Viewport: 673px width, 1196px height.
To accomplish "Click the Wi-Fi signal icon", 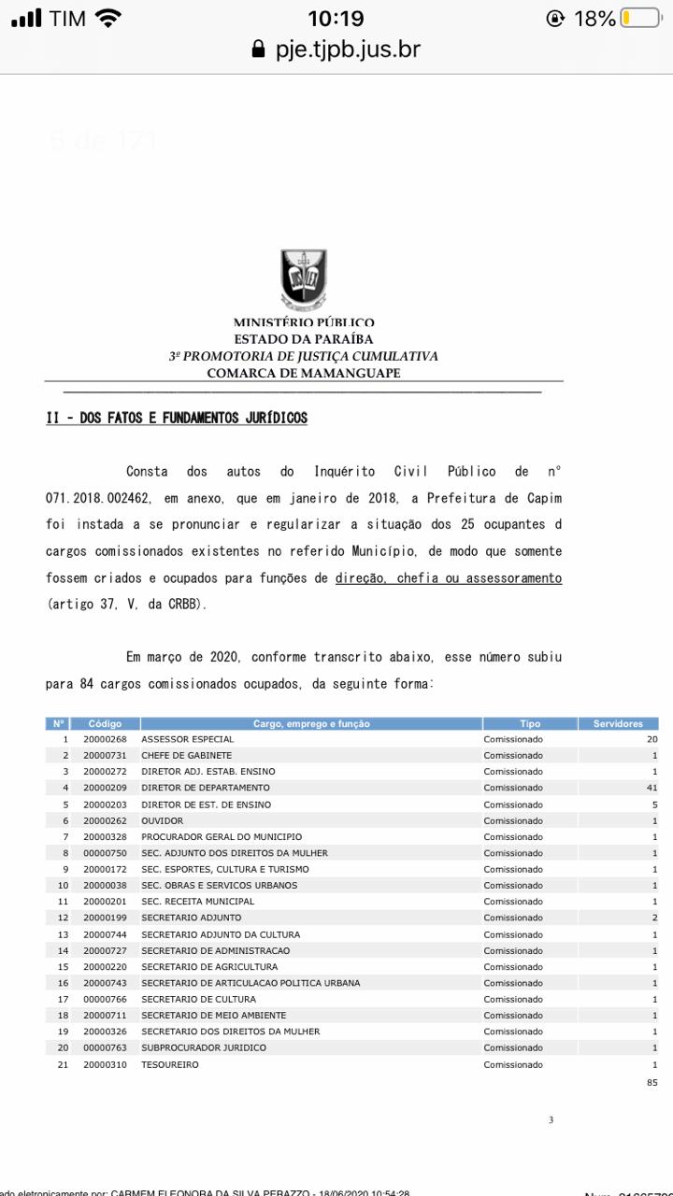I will coord(108,18).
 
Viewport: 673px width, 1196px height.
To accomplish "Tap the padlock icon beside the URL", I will coord(259,50).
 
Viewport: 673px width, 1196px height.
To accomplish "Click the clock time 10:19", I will coord(336,18).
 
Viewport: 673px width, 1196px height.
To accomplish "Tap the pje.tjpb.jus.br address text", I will coord(348,49).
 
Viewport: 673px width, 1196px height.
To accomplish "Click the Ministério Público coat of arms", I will coord(304,278).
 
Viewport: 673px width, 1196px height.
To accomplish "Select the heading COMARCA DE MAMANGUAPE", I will coord(304,373).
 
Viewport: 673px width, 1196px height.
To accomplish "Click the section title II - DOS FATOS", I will coord(177,418).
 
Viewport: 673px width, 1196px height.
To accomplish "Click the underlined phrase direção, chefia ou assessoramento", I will coord(449,578).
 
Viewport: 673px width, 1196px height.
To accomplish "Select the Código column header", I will coord(105,723).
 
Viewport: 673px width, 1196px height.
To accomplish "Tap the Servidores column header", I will coord(618,723).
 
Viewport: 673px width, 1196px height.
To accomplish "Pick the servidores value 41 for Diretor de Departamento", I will coord(652,788).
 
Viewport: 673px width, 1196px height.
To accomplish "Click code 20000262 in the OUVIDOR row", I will coord(105,820).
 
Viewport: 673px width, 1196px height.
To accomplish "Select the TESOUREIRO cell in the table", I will coord(170,1064).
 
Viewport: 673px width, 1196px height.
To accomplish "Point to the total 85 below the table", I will coord(652,1082).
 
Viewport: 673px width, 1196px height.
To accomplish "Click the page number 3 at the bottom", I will coord(551,1119).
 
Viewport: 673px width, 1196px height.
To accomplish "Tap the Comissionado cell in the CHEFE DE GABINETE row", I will coord(512,755).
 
